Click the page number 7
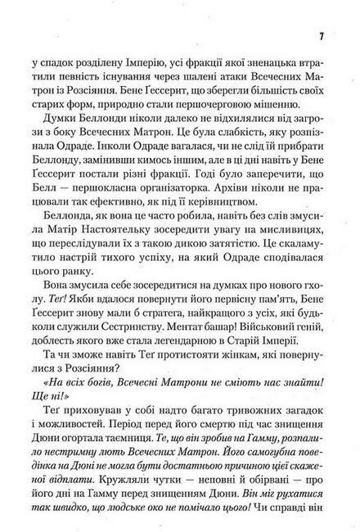(x=322, y=38)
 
